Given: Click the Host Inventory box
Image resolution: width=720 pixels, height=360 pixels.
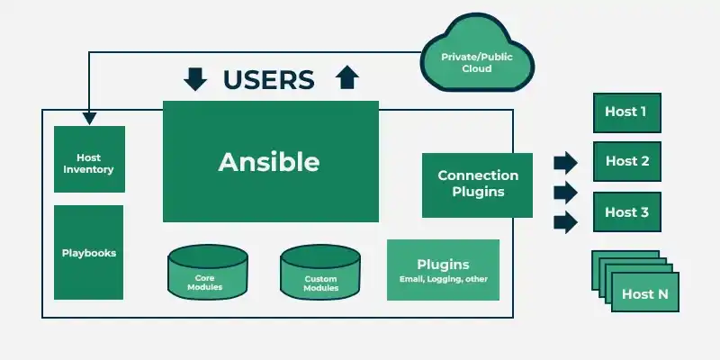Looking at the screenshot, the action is (89, 159).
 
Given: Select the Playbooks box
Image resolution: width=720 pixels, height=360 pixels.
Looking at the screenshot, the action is (88, 252).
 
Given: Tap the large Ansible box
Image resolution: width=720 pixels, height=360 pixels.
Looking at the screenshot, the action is (271, 161).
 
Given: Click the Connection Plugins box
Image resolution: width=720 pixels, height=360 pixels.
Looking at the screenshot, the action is (477, 185).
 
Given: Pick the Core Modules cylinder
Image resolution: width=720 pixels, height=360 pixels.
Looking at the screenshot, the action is (208, 273).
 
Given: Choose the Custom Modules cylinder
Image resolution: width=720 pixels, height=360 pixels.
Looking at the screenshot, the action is (320, 273).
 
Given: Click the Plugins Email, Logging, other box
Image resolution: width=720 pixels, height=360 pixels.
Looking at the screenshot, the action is (443, 270).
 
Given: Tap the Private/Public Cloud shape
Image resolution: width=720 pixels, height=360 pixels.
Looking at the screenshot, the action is (477, 56).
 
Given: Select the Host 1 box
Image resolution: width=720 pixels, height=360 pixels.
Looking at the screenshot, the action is (626, 112).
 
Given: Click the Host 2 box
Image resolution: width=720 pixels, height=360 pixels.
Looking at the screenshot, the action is (626, 161).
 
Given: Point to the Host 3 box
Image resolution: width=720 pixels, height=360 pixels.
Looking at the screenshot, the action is (626, 211).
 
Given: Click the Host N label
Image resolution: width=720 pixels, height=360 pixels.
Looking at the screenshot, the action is (644, 294).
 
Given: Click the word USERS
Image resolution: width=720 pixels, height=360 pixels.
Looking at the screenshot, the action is (268, 79).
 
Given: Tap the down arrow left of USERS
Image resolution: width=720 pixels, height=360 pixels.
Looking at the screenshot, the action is (195, 79).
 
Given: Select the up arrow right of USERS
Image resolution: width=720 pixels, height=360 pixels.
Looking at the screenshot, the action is (347, 77).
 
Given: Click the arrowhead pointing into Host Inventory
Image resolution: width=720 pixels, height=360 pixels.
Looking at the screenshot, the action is (89, 118).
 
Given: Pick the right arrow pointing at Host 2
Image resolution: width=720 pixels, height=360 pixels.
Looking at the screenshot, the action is (565, 163).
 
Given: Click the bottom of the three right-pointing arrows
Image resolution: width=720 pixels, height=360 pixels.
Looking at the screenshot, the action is (565, 222).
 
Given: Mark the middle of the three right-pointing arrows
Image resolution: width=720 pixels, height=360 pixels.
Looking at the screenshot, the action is (565, 193).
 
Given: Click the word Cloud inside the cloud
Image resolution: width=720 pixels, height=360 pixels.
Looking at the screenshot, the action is (477, 69).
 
